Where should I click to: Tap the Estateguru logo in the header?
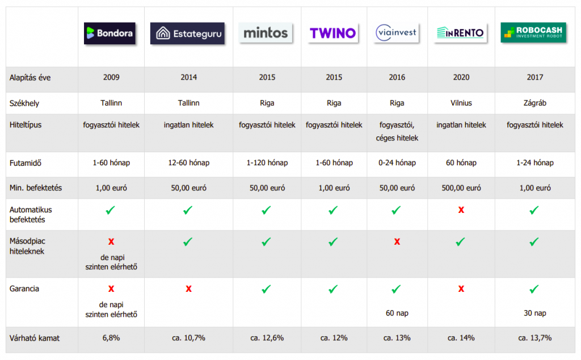click(x=187, y=33)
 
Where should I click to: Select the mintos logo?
click(x=266, y=33)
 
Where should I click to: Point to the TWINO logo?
click(x=333, y=33)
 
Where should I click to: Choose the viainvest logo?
click(x=397, y=33)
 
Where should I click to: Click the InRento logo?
click(x=461, y=33)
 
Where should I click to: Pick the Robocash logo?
click(x=534, y=33)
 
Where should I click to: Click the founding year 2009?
click(x=111, y=77)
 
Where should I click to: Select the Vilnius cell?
click(x=461, y=103)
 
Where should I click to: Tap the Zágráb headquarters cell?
click(x=534, y=103)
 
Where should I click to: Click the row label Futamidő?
click(x=26, y=163)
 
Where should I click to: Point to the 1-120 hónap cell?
click(x=267, y=163)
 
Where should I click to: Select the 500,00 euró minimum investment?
click(x=461, y=188)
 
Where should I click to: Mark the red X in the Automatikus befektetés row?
click(x=461, y=210)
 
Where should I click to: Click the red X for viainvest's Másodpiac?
click(x=397, y=242)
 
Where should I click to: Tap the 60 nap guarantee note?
click(x=397, y=313)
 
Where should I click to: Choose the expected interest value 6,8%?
click(x=111, y=338)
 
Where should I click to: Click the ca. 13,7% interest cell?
click(x=534, y=338)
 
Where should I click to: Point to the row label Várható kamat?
click(x=35, y=338)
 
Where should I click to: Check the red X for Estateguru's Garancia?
click(x=188, y=289)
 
